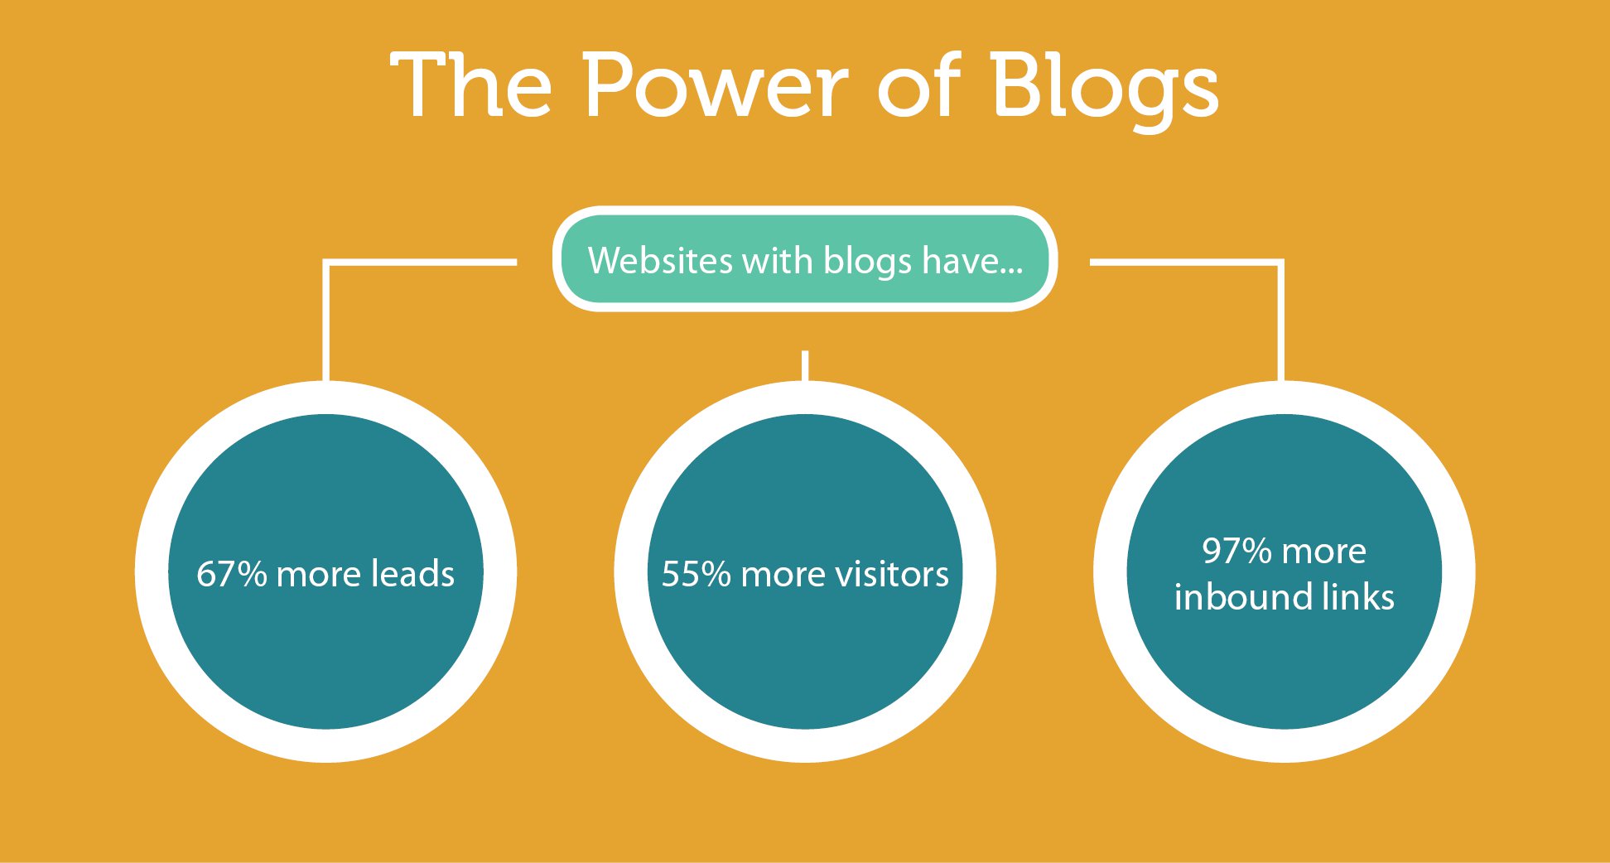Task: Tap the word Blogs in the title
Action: click(x=1104, y=89)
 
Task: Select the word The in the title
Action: click(x=471, y=84)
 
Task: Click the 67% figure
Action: click(x=231, y=574)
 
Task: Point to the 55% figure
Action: click(x=696, y=574)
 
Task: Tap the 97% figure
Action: click(x=1236, y=551)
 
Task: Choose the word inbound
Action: click(x=1242, y=596)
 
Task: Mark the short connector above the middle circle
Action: click(x=805, y=366)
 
